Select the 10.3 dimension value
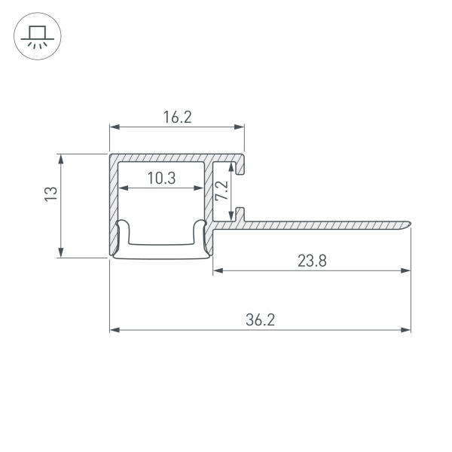161,178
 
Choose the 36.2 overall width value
260,319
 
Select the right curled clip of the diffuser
200,232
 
